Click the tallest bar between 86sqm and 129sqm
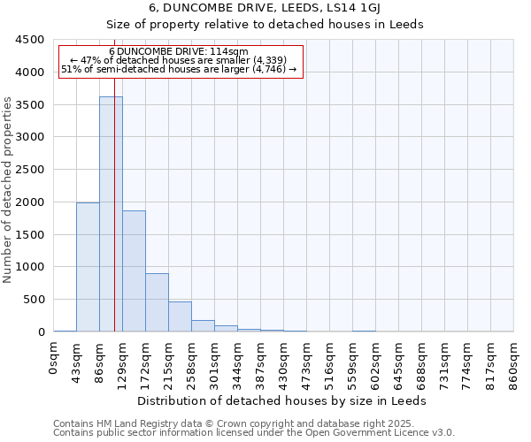pos(111,214)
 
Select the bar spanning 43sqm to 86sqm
pos(88,267)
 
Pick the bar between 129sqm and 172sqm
pos(134,271)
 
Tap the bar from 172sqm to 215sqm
pos(157,302)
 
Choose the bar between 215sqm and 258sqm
pos(180,316)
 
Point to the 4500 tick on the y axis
pos(30,40)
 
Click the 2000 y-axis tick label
pos(30,202)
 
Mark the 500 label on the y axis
pos(34,300)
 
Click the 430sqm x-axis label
pos(284,364)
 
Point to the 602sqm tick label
pos(376,364)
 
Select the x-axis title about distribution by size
pos(283,400)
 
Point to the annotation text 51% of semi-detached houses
pos(181,69)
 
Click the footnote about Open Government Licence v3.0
pos(254,433)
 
